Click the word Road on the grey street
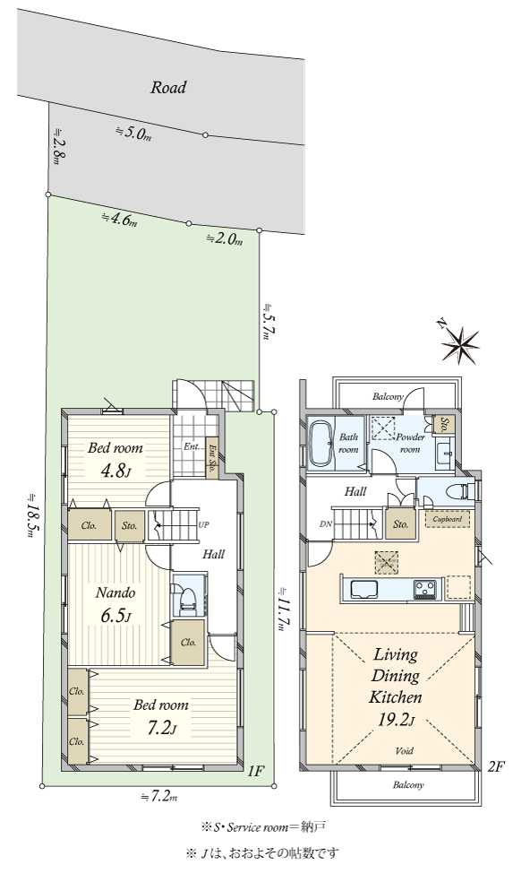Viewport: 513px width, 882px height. pyautogui.click(x=168, y=88)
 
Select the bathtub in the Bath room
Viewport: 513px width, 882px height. pyautogui.click(x=321, y=444)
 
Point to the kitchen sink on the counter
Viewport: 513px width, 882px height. pyautogui.click(x=364, y=589)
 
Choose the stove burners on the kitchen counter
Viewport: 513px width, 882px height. pyautogui.click(x=424, y=589)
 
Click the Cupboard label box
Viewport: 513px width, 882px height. pyautogui.click(x=448, y=519)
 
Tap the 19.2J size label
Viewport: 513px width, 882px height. pyautogui.click(x=396, y=720)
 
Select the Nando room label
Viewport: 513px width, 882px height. pyautogui.click(x=115, y=592)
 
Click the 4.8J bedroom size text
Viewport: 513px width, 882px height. pyautogui.click(x=115, y=470)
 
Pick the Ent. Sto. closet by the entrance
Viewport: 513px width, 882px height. pyautogui.click(x=212, y=458)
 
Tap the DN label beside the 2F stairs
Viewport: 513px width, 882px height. pyautogui.click(x=325, y=524)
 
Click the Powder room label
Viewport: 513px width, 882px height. pyautogui.click(x=410, y=443)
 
